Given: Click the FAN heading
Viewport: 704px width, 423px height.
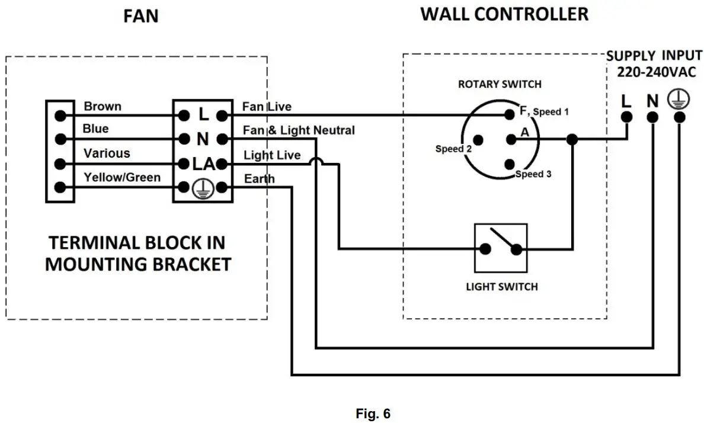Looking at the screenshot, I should click(140, 16).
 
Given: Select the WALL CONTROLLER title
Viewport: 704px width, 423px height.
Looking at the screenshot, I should click(504, 14).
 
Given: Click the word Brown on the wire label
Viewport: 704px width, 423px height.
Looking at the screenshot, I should click(103, 107).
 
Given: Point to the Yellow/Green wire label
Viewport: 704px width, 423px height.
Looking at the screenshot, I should click(122, 177).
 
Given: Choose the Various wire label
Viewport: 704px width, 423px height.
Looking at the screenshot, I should click(107, 153).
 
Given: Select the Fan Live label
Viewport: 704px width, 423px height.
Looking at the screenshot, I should click(267, 107).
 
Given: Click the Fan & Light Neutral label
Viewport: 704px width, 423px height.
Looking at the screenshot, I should click(299, 130).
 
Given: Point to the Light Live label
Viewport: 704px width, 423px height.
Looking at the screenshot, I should click(272, 155).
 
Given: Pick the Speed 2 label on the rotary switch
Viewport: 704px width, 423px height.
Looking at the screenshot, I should click(453, 149).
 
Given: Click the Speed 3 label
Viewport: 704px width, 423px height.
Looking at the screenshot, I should click(533, 174).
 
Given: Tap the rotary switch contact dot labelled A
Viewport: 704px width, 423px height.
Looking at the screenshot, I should click(509, 140).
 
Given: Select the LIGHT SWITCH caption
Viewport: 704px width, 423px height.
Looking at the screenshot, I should click(501, 287).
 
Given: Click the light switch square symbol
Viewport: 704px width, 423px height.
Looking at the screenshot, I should click(501, 248).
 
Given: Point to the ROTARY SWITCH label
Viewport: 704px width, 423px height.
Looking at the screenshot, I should click(500, 84).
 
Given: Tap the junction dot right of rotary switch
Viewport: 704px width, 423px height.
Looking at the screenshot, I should click(572, 140).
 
